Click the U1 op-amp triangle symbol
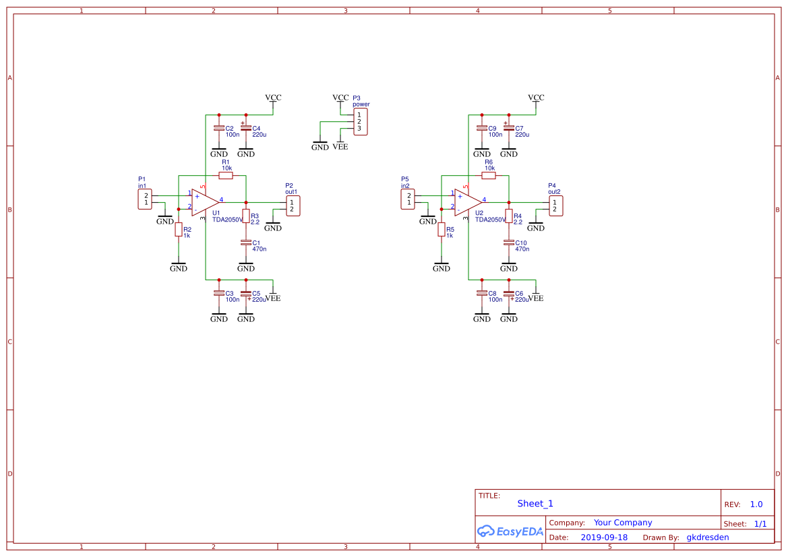point(204,201)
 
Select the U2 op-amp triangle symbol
point(466,201)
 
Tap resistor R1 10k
point(226,175)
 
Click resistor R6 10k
point(489,175)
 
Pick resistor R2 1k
point(179,230)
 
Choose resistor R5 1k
point(442,230)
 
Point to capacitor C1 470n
point(246,242)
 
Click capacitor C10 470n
point(509,242)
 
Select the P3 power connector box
point(361,122)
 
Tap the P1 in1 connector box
point(145,199)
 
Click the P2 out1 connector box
point(293,206)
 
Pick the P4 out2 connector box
point(555,206)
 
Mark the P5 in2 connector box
point(408,199)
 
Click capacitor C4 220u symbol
point(246,128)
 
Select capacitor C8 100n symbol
point(482,293)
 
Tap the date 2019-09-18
point(603,537)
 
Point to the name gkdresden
point(707,537)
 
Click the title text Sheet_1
point(535,504)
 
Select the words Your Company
point(623,523)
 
